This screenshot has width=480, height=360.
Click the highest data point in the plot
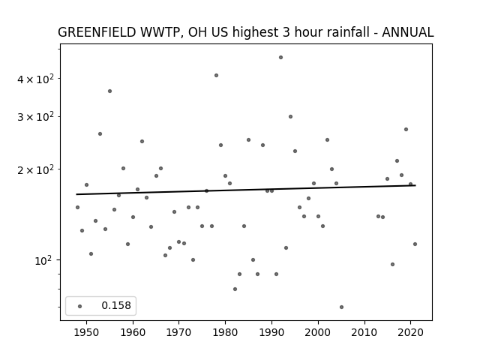pos(280,58)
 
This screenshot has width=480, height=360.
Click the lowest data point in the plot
pos(342,307)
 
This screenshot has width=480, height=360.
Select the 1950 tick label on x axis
pos(87,332)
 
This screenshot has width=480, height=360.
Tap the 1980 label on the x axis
pos(225,332)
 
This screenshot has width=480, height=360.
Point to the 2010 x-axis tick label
pos(364,332)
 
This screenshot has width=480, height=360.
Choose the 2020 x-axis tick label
pos(410,332)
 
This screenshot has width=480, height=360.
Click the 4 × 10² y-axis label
pos(35,79)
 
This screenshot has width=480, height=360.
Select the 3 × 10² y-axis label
pos(35,117)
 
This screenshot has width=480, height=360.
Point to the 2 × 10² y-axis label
pos(35,169)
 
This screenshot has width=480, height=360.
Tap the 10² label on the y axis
pos(43,260)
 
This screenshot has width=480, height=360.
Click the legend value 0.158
pos(116,305)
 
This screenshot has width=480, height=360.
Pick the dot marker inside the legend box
pos(80,306)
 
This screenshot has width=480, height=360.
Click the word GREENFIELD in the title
pos(97,32)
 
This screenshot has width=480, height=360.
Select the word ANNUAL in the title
pos(408,32)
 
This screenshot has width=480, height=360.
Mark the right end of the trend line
pos(415,185)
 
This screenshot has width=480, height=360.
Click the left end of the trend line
pos(76,194)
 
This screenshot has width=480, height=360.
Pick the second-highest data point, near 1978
pos(217,75)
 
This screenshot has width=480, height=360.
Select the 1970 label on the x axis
pos(178,332)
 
